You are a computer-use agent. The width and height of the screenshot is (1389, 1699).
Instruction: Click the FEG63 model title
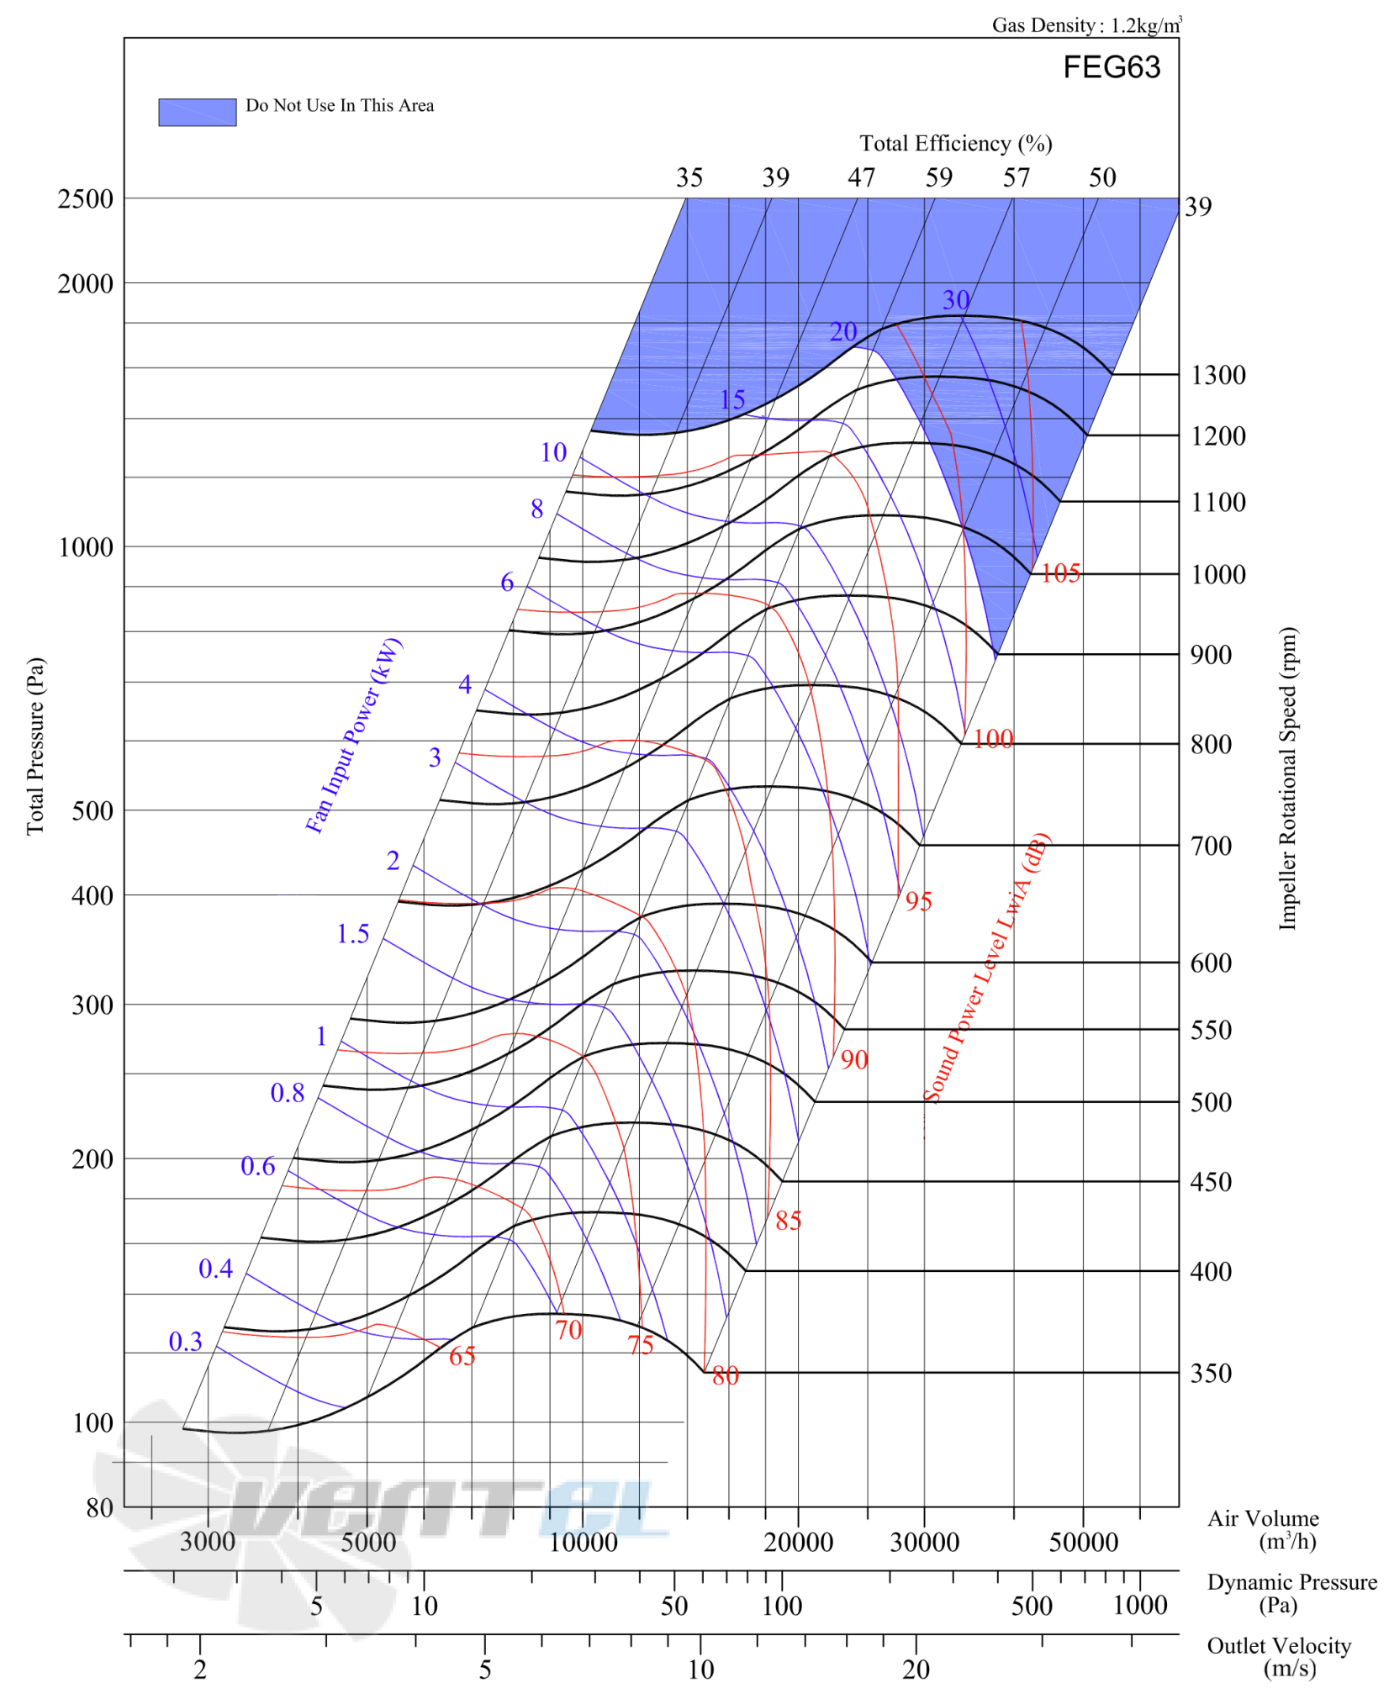click(x=1111, y=67)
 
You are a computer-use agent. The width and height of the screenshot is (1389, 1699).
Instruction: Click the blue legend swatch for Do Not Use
click(x=198, y=112)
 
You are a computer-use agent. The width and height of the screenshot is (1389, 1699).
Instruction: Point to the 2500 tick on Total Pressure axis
click(x=85, y=199)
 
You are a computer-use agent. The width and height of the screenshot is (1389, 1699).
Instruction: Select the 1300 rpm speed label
click(x=1217, y=375)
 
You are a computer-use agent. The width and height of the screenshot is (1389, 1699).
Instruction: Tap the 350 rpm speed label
click(x=1211, y=1373)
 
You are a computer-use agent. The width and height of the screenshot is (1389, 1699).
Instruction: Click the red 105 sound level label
click(x=1060, y=573)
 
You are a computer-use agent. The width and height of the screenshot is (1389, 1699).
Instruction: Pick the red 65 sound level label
click(x=462, y=1356)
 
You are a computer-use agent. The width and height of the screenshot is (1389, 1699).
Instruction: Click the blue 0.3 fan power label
click(x=185, y=1341)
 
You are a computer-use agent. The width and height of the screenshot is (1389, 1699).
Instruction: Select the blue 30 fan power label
click(x=956, y=300)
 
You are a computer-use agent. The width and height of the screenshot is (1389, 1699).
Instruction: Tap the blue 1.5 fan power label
click(x=352, y=933)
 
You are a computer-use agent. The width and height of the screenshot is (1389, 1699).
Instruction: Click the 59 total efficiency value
click(x=939, y=177)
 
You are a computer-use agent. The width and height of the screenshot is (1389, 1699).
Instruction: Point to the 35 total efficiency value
click(x=689, y=177)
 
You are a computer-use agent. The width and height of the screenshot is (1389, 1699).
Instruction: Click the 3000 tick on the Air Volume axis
click(x=208, y=1542)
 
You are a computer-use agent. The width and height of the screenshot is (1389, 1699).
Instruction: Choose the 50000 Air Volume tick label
click(x=1084, y=1542)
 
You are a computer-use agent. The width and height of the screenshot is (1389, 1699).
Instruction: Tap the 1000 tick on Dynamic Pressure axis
click(x=1140, y=1606)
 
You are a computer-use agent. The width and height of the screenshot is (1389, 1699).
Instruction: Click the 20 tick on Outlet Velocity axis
click(x=916, y=1670)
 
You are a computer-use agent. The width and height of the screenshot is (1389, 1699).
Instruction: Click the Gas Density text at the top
click(x=1087, y=25)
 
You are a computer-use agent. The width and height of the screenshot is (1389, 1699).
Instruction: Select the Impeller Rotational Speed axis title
click(x=1287, y=778)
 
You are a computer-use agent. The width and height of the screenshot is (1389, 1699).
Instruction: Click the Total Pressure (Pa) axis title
click(x=34, y=747)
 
